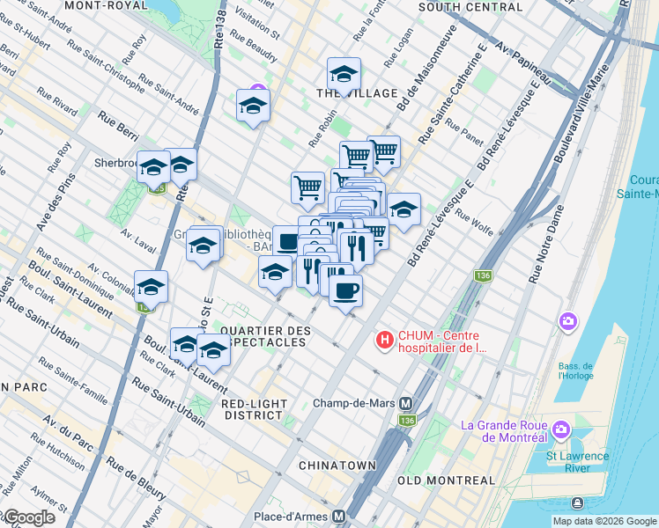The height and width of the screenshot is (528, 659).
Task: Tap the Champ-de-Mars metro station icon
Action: coord(406,404)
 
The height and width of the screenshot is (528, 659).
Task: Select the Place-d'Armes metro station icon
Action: coord(337,515)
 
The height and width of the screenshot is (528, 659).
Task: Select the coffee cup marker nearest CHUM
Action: coord(345,290)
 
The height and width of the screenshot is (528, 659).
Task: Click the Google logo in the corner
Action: coord(28,517)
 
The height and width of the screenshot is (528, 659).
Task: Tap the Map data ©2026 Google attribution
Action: coord(603,521)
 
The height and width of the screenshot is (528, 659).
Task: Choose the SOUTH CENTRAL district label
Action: coord(464,7)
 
